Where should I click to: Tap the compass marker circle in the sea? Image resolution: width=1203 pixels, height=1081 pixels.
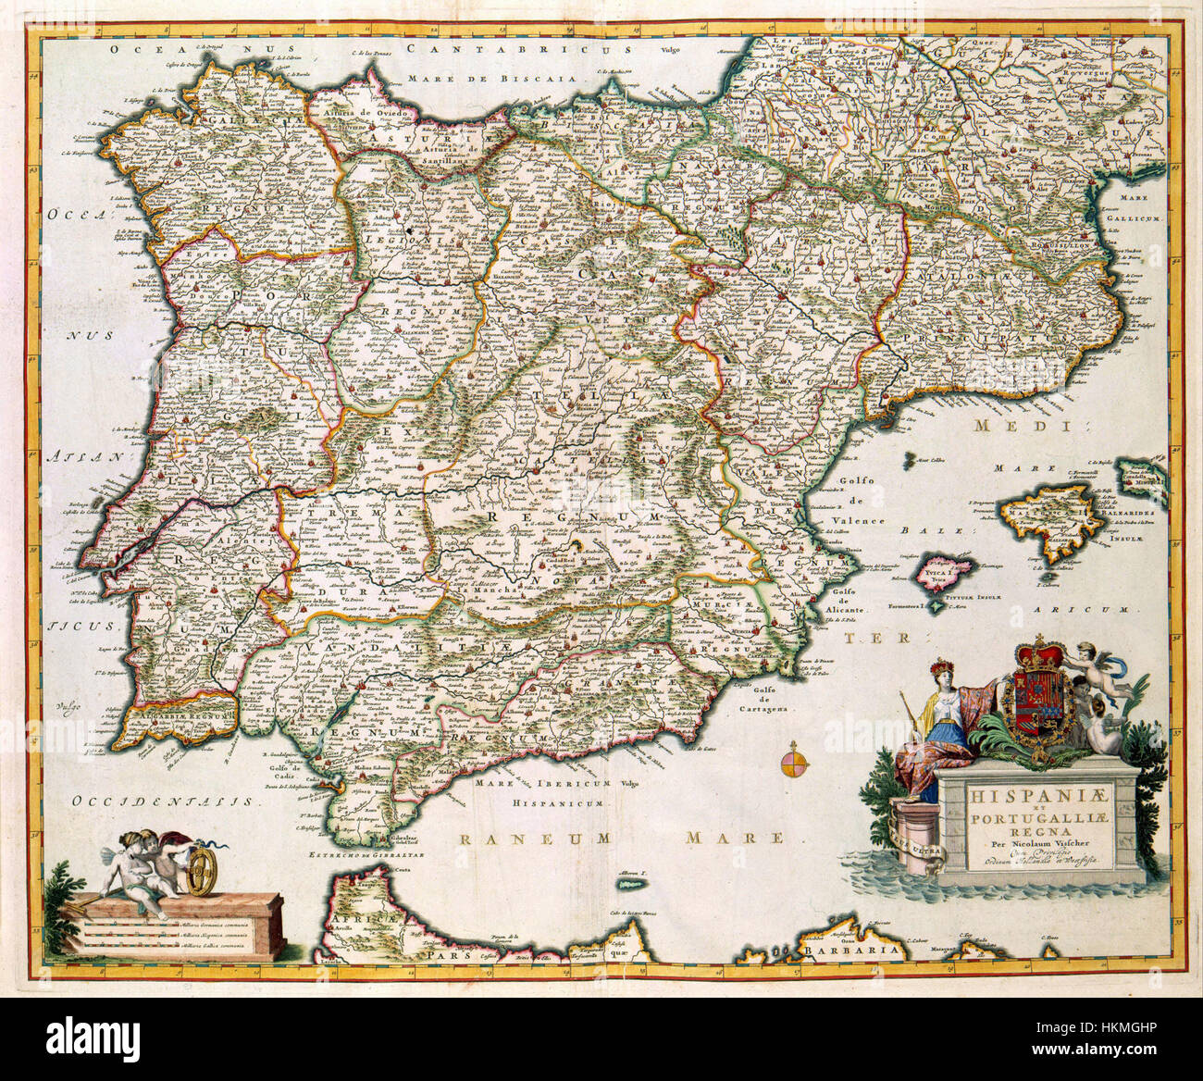[793, 764]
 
